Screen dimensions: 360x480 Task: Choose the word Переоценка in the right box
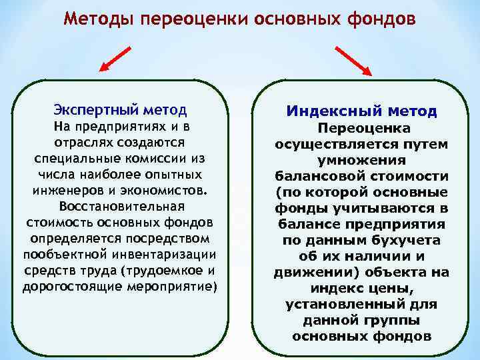point(364,128)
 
